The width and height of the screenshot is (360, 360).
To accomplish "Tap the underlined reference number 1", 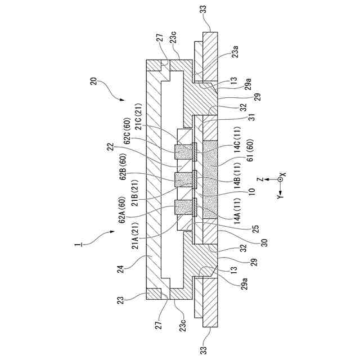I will coord(77,245).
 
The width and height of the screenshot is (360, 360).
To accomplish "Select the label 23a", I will coord(234,55).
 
